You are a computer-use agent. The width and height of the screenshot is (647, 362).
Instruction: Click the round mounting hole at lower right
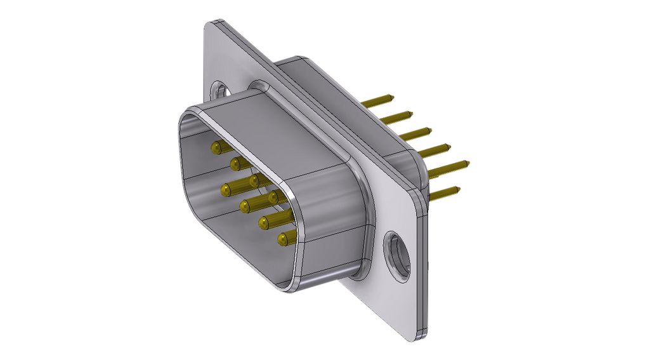(x=397, y=256)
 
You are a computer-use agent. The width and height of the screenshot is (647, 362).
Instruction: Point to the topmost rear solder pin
(x=379, y=101)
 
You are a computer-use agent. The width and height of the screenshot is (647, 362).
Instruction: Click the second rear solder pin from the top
(x=396, y=117)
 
